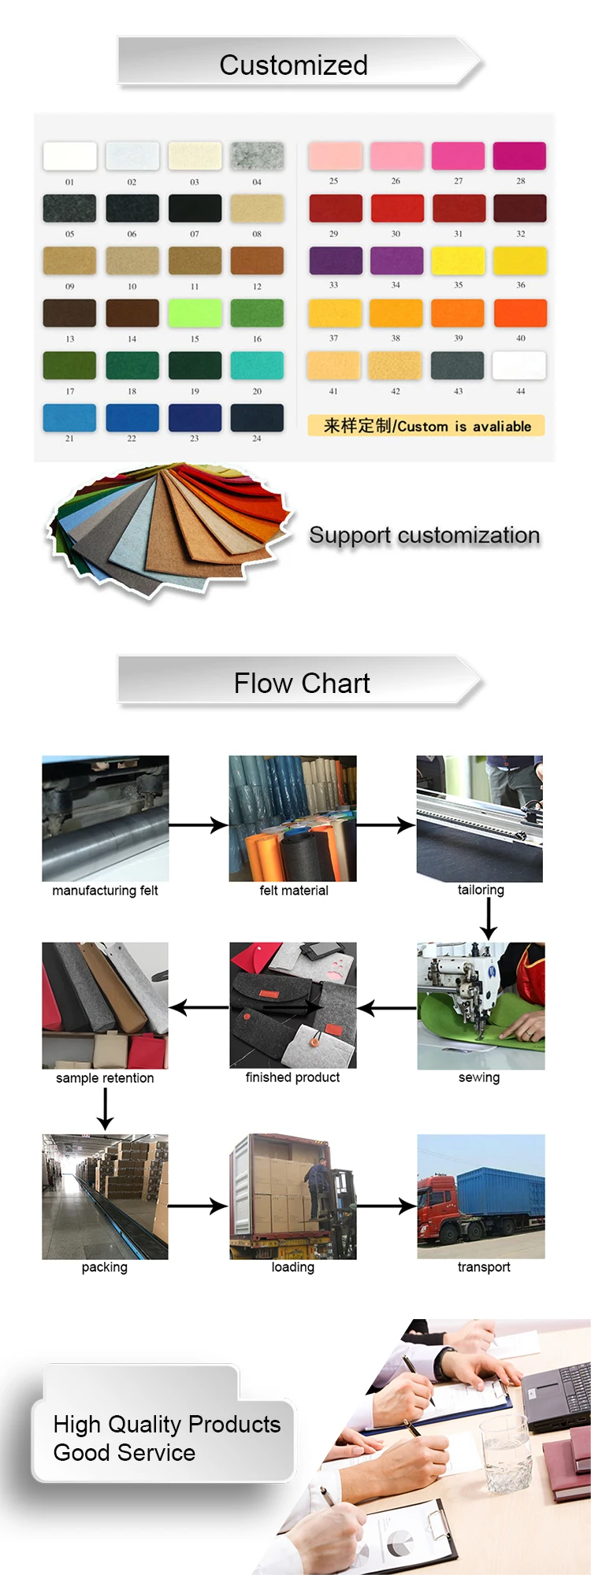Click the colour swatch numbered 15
pyautogui.click(x=195, y=313)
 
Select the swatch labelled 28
pyautogui.click(x=519, y=156)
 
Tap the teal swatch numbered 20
pyautogui.click(x=257, y=365)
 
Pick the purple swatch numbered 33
pyautogui.click(x=336, y=261)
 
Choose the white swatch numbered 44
pyautogui.click(x=519, y=365)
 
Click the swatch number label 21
pyautogui.click(x=69, y=439)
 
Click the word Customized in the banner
pyautogui.click(x=293, y=65)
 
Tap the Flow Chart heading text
pyautogui.click(x=302, y=683)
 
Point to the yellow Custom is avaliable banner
pyautogui.click(x=426, y=426)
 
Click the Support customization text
pyautogui.click(x=424, y=535)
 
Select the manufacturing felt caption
pyautogui.click(x=105, y=891)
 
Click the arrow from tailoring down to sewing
pyautogui.click(x=489, y=918)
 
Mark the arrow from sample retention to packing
pyautogui.click(x=105, y=1109)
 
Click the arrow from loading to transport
pyautogui.click(x=386, y=1206)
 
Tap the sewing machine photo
pyautogui.click(x=481, y=1006)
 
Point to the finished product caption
pyautogui.click(x=292, y=1077)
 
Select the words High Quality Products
pyautogui.click(x=166, y=1425)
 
